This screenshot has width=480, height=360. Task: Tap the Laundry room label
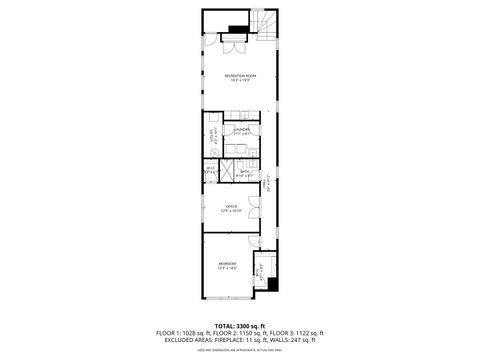click(241, 130)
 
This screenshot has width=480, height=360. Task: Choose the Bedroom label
click(228, 265)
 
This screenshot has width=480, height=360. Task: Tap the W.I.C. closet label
click(211, 170)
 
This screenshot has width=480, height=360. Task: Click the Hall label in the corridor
click(267, 184)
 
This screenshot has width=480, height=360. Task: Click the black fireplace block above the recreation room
click(238, 28)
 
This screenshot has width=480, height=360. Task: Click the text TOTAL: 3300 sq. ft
click(239, 326)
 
